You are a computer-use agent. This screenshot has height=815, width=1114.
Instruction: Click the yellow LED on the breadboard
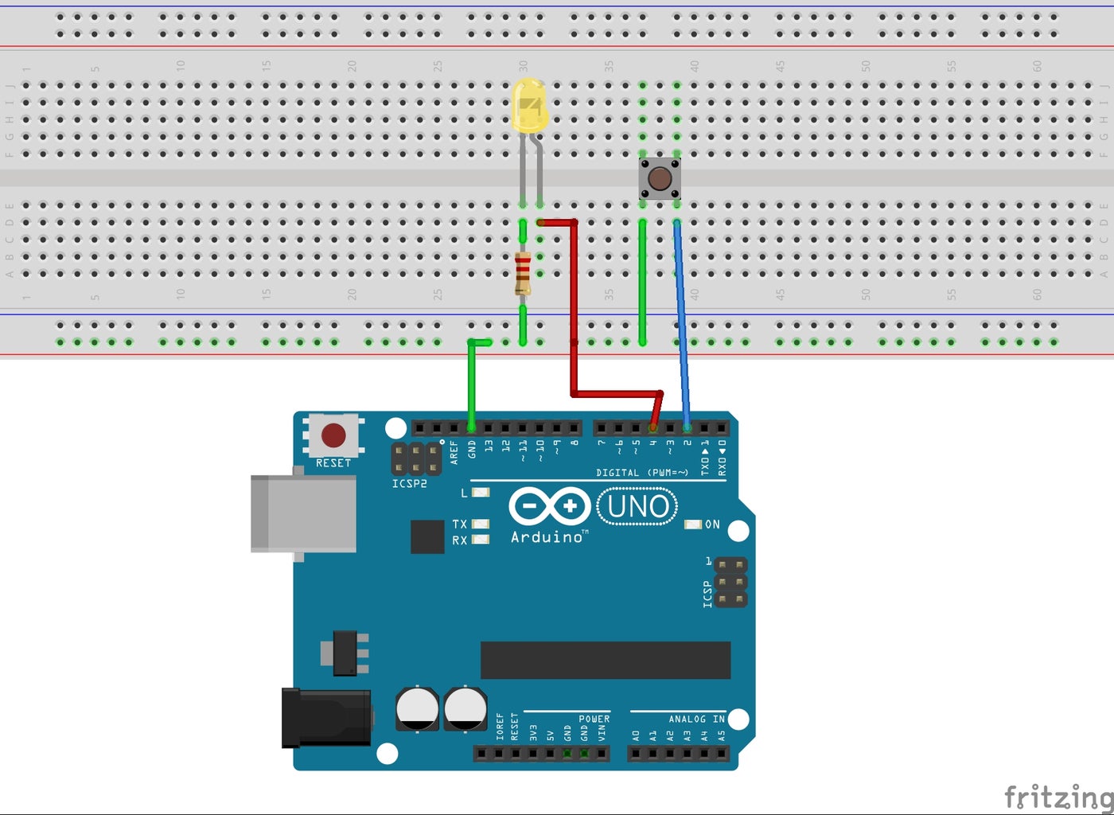[528, 106]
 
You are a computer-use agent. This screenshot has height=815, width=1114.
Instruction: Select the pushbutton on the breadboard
[659, 178]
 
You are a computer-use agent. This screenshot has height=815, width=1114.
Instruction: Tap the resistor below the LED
[523, 273]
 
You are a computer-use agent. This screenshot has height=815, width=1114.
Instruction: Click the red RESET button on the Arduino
[333, 435]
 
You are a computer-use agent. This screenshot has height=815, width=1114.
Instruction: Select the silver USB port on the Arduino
[302, 513]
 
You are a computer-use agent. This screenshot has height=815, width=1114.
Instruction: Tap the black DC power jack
[326, 718]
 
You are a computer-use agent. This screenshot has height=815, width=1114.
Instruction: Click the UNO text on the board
[637, 507]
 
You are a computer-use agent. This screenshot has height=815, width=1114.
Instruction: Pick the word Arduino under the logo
[547, 538]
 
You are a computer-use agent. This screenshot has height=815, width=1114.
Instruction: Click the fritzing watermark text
[1058, 796]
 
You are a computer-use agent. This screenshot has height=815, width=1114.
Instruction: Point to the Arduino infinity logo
[549, 506]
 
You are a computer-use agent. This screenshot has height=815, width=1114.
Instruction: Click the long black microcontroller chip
[605, 660]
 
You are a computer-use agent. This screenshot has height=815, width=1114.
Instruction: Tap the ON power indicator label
[712, 524]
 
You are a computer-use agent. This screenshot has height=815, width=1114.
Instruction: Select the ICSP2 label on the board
[409, 484]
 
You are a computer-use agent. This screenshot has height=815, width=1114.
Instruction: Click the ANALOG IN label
[696, 719]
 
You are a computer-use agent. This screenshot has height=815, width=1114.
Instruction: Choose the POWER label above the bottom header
[594, 719]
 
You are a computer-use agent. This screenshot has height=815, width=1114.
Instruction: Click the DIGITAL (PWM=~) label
[642, 473]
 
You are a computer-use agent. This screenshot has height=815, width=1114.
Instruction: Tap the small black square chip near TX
[427, 536]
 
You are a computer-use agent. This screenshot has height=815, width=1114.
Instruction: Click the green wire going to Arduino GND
[472, 382]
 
